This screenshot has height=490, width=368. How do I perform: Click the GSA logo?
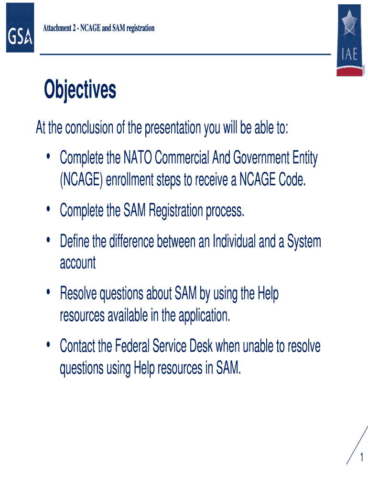20,27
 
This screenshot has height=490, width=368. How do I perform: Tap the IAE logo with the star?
350,40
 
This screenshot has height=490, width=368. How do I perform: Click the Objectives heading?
80,89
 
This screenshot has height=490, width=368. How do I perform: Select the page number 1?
361,457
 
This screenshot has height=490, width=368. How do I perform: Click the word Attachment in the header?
57,28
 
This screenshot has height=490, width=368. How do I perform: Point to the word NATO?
138,157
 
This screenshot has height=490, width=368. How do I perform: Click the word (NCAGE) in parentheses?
81,180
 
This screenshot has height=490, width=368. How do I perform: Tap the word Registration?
176,211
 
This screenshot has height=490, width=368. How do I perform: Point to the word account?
78,263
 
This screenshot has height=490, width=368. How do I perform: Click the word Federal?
132,346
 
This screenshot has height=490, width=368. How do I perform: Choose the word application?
204,315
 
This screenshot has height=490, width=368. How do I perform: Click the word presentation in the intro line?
173,128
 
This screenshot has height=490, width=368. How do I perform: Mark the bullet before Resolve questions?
48,292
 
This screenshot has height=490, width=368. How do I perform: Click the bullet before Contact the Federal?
48,345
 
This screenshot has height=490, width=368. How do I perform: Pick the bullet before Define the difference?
48,240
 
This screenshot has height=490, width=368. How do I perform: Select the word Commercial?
182,157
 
